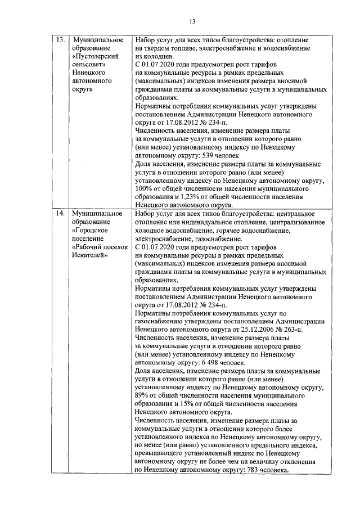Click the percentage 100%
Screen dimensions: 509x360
click(143, 190)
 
